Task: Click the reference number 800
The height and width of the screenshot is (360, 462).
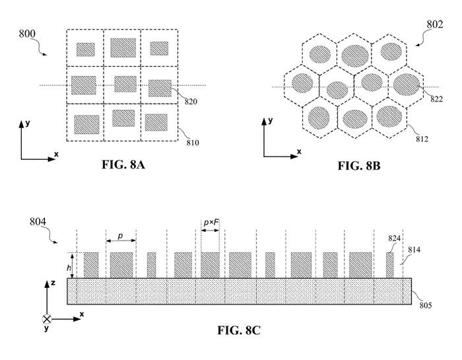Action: pyautogui.click(x=27, y=34)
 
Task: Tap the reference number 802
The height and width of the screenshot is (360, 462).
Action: pyautogui.click(x=435, y=24)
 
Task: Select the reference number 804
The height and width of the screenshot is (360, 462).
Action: pyautogui.click(x=38, y=221)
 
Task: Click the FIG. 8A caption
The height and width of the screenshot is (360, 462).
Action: pyautogui.click(x=123, y=164)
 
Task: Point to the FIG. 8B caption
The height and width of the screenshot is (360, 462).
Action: pyautogui.click(x=358, y=166)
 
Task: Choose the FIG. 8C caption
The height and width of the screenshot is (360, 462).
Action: pyautogui.click(x=239, y=330)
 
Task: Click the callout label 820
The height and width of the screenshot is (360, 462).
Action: pyautogui.click(x=191, y=102)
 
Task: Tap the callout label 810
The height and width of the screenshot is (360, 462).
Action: pyautogui.click(x=193, y=143)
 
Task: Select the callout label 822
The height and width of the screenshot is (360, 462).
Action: pyautogui.click(x=437, y=99)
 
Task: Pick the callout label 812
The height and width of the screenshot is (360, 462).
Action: pyautogui.click(x=422, y=139)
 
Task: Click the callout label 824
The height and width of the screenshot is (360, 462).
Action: pyautogui.click(x=394, y=238)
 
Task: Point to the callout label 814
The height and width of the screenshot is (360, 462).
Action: pyautogui.click(x=414, y=250)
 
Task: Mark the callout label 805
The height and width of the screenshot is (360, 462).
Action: pyautogui.click(x=426, y=305)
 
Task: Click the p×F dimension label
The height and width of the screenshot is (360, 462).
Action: pyautogui.click(x=211, y=222)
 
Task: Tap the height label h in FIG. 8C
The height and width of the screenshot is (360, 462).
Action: pyautogui.click(x=69, y=268)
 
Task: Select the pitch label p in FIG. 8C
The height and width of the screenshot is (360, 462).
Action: pyautogui.click(x=120, y=236)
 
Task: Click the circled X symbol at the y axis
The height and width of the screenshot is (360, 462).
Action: pyautogui.click(x=47, y=319)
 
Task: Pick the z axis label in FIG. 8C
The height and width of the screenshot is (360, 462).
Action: pyautogui.click(x=53, y=283)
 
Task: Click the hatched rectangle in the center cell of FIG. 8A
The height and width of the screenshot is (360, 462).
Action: pyautogui.click(x=125, y=84)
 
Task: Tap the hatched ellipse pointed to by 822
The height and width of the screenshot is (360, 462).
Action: pyautogui.click(x=407, y=85)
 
